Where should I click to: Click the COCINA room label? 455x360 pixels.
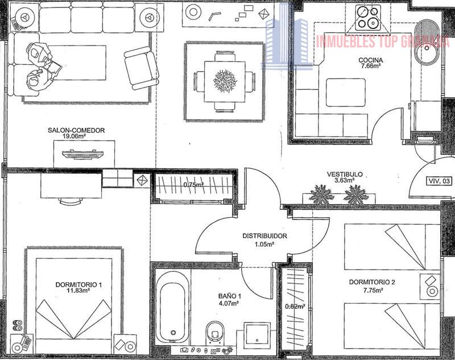tap(371, 60)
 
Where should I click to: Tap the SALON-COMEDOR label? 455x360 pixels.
tap(76, 131)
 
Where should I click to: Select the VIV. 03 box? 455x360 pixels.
tap(439, 181)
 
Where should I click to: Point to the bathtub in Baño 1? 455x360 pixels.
tap(171, 308)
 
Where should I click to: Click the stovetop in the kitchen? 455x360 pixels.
tap(368, 18)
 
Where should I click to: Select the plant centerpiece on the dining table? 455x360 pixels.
tap(225, 81)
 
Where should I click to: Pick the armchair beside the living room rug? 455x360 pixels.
tap(142, 68)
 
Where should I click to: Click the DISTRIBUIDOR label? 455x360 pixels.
tap(264, 236)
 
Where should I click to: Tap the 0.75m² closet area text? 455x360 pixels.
tap(193, 184)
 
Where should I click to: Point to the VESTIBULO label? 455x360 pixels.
tap(345, 175)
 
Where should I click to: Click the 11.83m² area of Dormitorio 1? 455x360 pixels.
tap(78, 290)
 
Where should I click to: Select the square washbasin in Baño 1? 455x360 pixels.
tap(257, 334)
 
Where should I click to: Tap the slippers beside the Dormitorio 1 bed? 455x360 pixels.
tap(17, 325)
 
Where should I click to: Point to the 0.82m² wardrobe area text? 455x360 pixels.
tap(295, 307)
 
